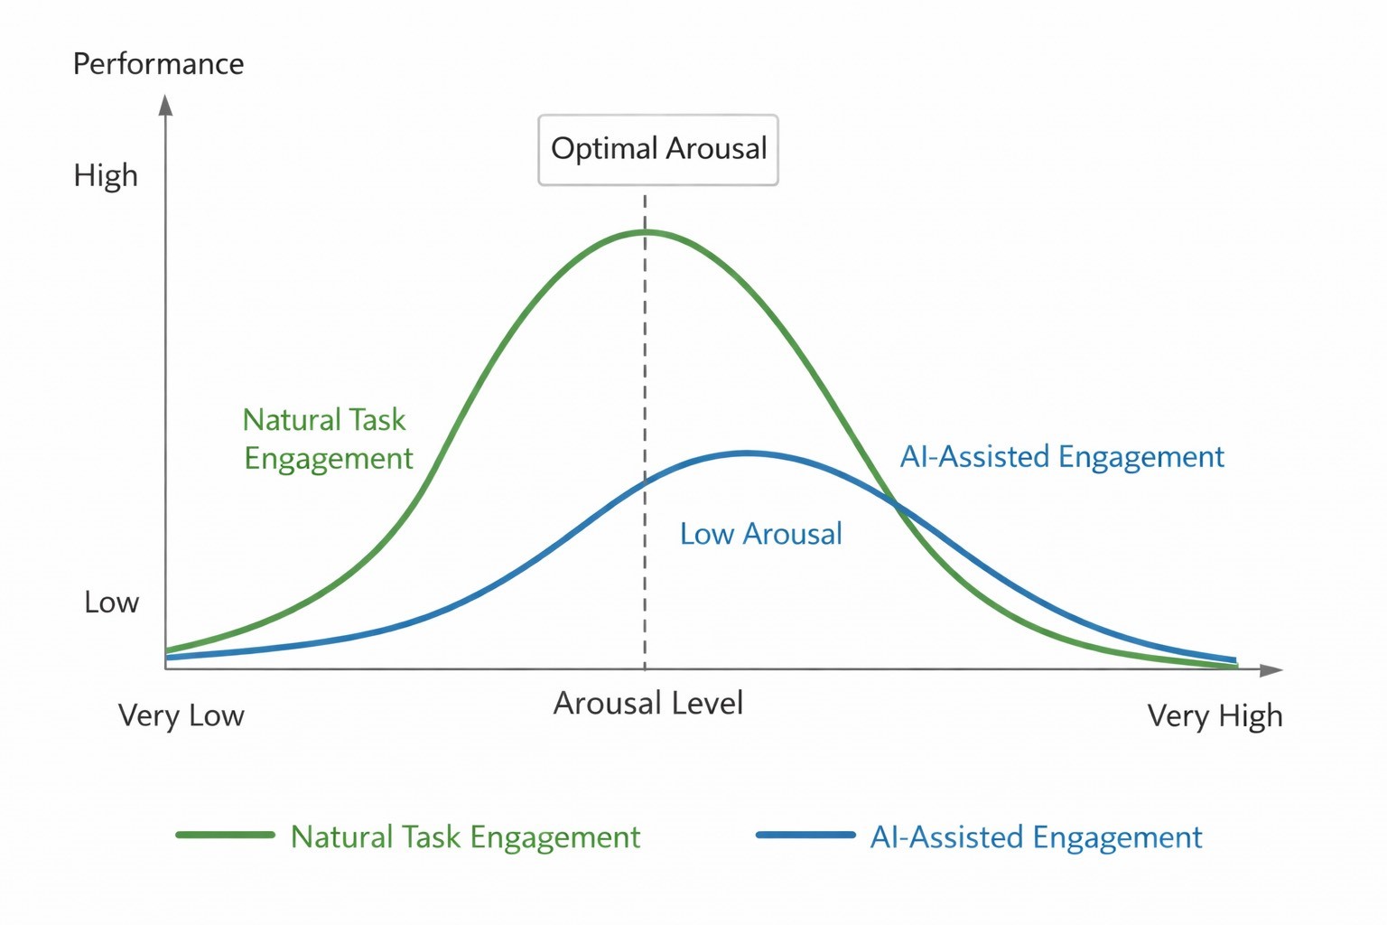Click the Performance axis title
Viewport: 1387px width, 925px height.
(158, 64)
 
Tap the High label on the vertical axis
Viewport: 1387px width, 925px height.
(106, 175)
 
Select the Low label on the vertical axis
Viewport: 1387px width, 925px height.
(111, 603)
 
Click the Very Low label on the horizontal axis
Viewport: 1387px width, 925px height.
(181, 715)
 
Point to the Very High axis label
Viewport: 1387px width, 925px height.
(1215, 715)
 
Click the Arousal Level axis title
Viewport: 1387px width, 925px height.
(647, 703)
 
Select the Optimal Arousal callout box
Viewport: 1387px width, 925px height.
(658, 150)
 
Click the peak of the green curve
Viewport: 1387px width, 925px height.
(645, 232)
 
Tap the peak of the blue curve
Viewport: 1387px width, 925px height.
(747, 453)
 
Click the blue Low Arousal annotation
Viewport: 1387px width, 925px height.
(760, 534)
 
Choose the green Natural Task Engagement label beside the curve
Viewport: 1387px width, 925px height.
(327, 439)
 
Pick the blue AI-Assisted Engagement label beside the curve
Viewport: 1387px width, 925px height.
(1062, 457)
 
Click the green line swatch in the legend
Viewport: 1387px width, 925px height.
(225, 836)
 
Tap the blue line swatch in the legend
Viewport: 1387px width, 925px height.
(805, 836)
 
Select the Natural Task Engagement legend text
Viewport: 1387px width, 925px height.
(465, 837)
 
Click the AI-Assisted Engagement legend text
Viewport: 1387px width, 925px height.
(1036, 837)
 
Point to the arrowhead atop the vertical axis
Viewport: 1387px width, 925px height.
(165, 105)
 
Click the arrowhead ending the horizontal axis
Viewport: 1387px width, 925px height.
(1271, 669)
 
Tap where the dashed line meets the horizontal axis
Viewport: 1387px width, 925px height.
(645, 668)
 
